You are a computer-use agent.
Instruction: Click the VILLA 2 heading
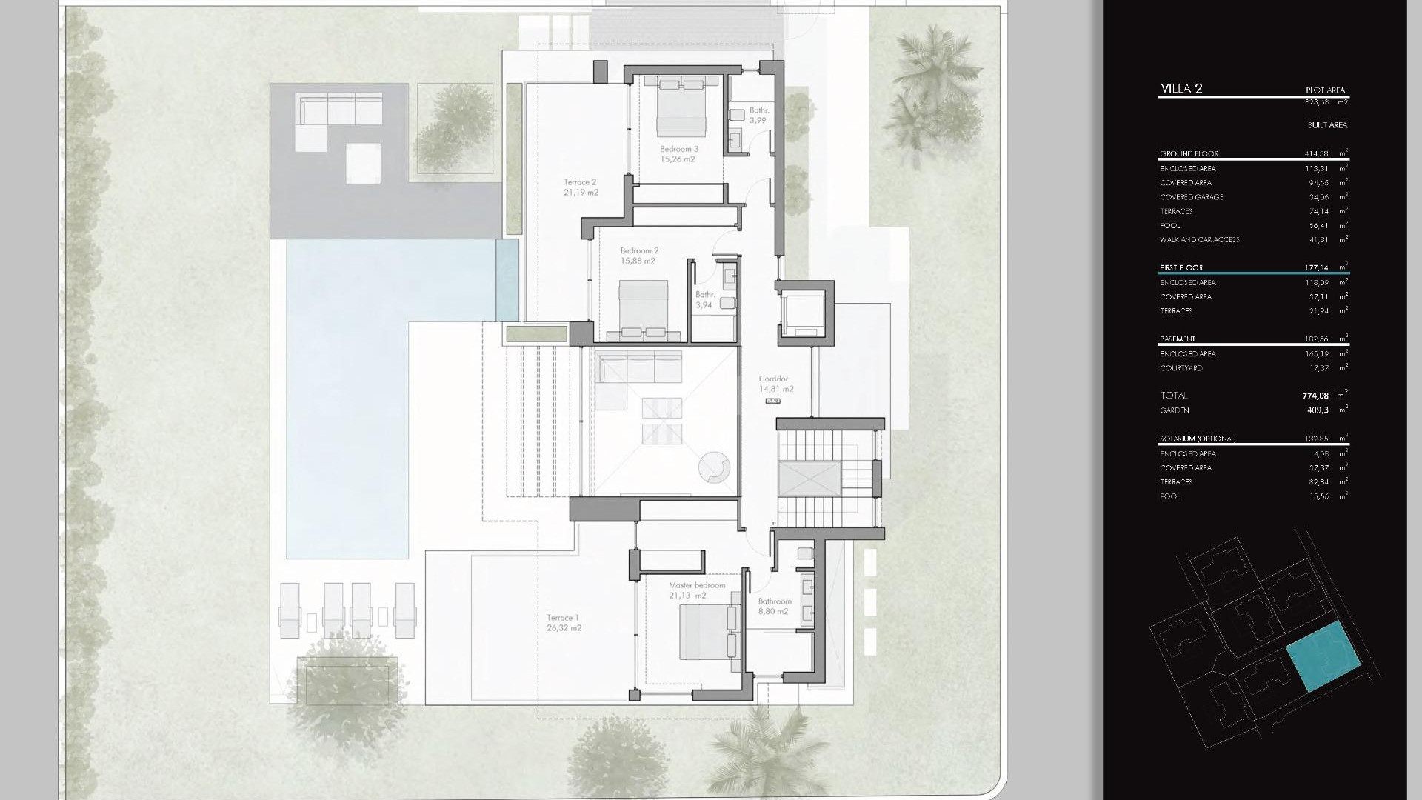coord(1181,89)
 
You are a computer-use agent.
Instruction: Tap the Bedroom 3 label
coord(678,149)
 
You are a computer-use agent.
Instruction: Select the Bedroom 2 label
coord(639,251)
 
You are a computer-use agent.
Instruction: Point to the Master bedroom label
coord(697,585)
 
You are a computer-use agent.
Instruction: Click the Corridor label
coord(773,379)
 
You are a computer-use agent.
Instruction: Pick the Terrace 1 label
coord(563,618)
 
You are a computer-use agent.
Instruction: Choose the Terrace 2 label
coord(580,182)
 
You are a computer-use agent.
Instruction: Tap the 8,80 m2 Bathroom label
coord(775,601)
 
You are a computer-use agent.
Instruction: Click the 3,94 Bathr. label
coord(704,295)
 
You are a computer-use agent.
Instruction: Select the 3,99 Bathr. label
coord(759,110)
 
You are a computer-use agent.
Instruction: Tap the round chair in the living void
coord(714,467)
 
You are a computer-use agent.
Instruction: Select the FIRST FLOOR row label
coord(1181,268)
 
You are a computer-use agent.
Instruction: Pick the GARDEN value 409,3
coord(1318,410)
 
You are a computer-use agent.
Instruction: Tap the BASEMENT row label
coord(1178,339)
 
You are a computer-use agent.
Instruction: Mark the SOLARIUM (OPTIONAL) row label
coord(1198,439)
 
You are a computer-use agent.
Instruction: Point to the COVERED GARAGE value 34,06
coord(1318,197)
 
